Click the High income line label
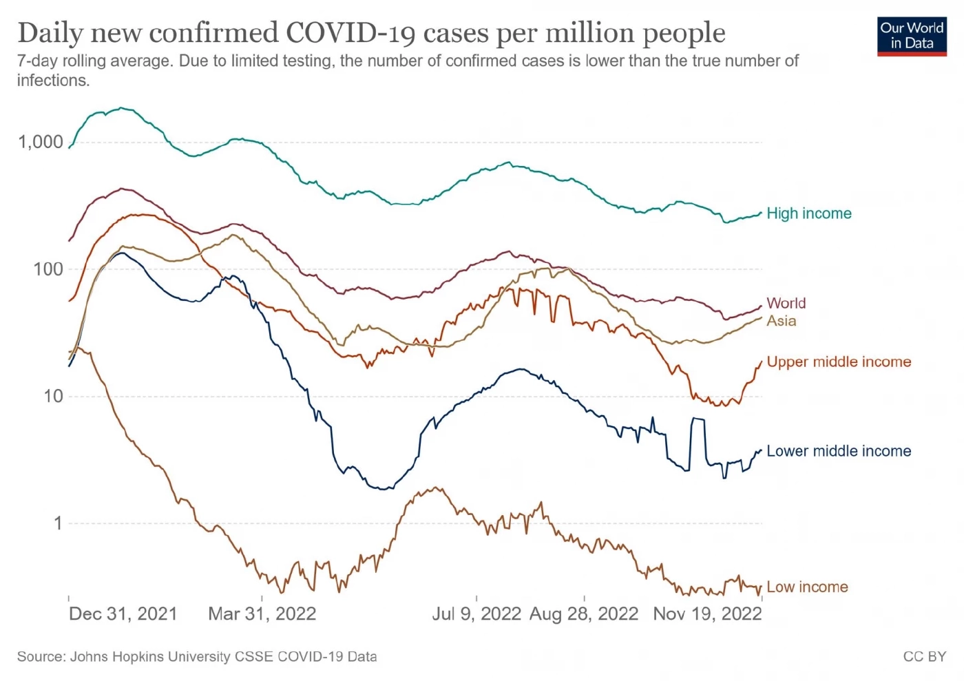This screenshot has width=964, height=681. point(809,213)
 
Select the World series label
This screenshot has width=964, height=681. point(786,303)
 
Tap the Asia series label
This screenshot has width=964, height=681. point(782,321)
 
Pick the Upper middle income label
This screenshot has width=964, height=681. point(839,362)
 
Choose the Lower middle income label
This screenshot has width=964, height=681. point(839,452)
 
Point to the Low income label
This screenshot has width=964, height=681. point(807,587)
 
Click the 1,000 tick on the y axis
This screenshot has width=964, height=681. point(41,143)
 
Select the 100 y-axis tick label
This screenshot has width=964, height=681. point(48,269)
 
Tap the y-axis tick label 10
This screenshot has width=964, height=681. point(53,397)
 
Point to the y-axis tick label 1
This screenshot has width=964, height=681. point(59,523)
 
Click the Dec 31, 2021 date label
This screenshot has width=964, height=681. point(123,614)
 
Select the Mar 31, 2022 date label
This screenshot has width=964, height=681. point(262,614)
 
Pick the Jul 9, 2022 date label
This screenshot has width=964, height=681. point(476,614)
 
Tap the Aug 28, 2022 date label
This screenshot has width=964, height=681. point(584,614)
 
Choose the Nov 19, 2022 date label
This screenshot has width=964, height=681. point(707,614)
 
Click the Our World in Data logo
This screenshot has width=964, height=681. point(912,36)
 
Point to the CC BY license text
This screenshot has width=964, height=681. point(925,657)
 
